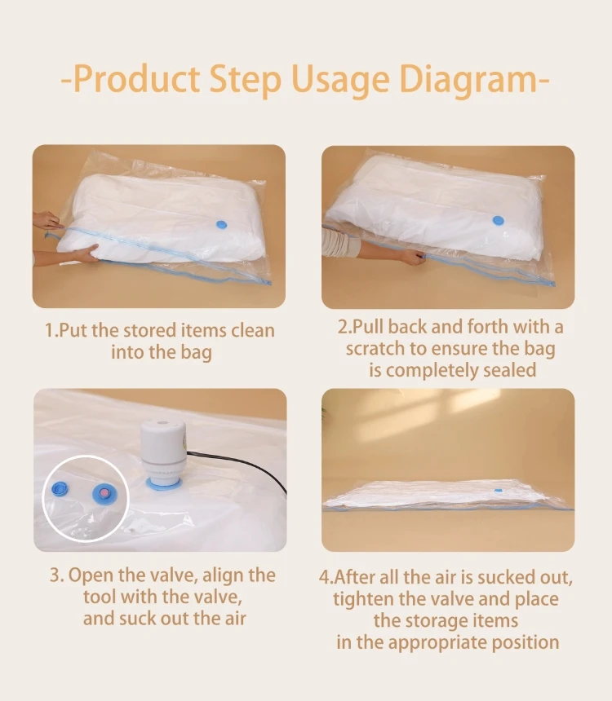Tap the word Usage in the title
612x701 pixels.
click(x=335, y=81)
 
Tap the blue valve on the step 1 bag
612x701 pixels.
click(x=221, y=225)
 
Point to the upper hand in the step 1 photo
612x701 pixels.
click(x=47, y=221)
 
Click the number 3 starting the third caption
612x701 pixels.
click(x=55, y=575)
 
